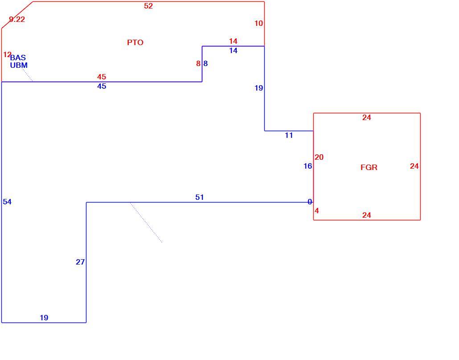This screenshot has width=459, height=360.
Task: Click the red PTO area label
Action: [x=135, y=42]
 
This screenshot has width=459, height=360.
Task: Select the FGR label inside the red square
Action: [x=369, y=168]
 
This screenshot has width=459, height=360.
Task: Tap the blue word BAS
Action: [x=18, y=58]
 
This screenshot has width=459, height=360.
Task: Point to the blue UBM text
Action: [x=19, y=65]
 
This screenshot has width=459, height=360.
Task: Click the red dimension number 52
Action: [x=148, y=6]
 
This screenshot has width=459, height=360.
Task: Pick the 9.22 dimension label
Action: [x=17, y=19]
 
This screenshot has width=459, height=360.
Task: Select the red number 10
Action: [x=258, y=24]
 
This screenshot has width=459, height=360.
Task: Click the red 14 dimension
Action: [x=234, y=41]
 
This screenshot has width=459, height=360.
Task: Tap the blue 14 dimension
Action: [x=234, y=51]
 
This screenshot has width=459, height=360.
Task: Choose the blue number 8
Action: [x=205, y=63]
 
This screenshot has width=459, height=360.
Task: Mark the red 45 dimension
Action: [x=102, y=77]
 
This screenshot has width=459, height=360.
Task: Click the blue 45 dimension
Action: [x=102, y=86]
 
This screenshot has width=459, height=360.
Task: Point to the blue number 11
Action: [x=289, y=135]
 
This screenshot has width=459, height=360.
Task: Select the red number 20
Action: [x=319, y=157]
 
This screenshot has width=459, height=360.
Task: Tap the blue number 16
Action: [x=307, y=166]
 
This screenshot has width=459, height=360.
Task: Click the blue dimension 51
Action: [x=199, y=197]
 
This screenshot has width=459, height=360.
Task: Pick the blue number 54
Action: [x=7, y=202]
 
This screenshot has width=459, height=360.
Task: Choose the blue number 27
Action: [x=80, y=262]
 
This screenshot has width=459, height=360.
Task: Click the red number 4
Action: [x=317, y=211]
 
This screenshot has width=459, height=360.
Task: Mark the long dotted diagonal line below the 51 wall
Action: [x=146, y=222]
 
